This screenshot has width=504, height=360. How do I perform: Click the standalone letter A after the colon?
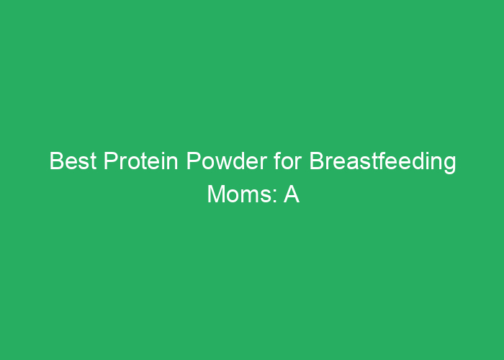point(291,194)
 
